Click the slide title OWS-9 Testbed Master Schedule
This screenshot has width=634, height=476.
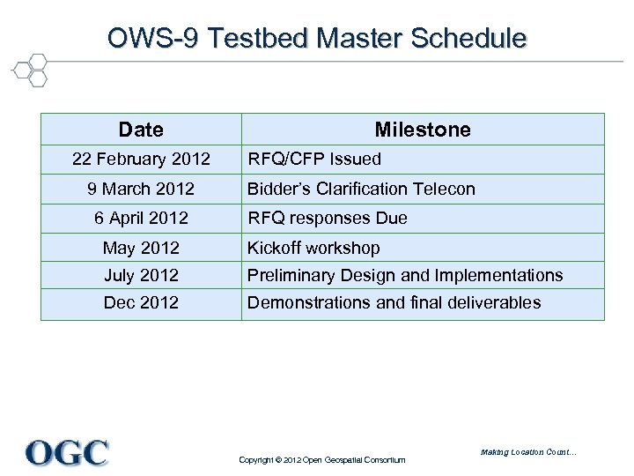coord(317,39)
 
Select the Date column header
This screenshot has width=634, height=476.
coord(141,130)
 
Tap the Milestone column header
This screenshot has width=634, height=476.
coord(423,130)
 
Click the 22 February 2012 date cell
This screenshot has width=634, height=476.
coord(141,160)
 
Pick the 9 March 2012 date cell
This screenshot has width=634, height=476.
coord(141,189)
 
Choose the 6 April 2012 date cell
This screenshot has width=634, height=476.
coord(141,218)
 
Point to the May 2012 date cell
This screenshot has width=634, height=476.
coord(141,248)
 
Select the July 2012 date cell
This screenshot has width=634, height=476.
coord(141,275)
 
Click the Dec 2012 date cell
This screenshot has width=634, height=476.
coord(141,302)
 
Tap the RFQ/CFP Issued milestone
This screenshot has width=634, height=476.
coord(314,160)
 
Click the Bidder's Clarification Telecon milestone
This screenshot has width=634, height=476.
coord(361,189)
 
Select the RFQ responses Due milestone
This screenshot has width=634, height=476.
coord(327,218)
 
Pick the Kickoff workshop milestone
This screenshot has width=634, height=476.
coord(313,248)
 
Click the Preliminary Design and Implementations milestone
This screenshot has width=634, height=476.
coord(405,275)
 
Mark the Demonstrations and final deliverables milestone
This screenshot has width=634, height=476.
coord(394,302)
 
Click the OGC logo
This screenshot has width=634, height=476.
coord(67,452)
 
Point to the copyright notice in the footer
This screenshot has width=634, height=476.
coord(322,460)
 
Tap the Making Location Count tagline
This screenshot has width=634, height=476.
coord(528,452)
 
